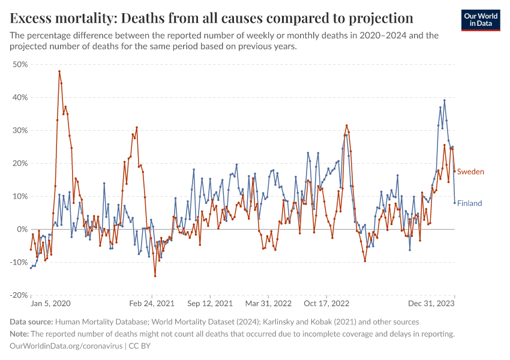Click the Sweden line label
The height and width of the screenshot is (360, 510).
tap(470, 172)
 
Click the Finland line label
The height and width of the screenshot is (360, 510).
tap(469, 203)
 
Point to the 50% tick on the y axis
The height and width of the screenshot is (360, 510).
tap(20, 64)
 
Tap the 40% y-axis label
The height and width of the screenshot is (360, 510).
tap(20, 97)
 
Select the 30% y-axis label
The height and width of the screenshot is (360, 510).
tap(20, 130)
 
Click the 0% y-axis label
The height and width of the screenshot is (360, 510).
tap(23, 229)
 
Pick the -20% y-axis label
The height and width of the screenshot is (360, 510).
tap(19, 295)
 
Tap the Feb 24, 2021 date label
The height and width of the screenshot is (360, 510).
tap(151, 304)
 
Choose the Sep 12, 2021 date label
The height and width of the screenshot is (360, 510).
tap(209, 304)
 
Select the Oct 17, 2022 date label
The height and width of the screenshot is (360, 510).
tap(327, 304)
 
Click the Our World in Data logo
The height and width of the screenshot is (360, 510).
tap(482, 19)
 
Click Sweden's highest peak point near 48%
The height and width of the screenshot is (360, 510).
tap(59, 71)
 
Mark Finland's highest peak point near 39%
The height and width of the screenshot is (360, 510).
tap(444, 100)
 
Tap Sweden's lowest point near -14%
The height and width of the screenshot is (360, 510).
tap(155, 276)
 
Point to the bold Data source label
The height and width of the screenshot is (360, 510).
tap(32, 322)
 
